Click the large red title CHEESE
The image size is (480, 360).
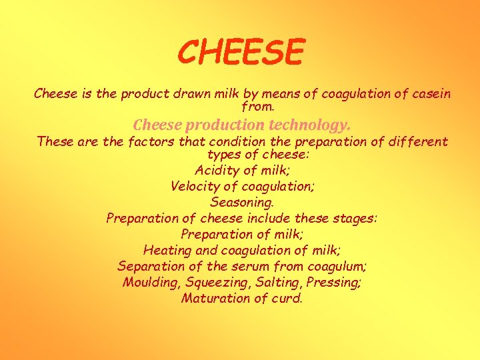coord(241,52)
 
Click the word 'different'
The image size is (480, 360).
coord(421,141)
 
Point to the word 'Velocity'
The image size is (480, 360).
coord(195,186)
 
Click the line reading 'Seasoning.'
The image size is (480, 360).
coord(242,202)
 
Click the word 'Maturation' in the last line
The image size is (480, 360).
coord(213,298)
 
